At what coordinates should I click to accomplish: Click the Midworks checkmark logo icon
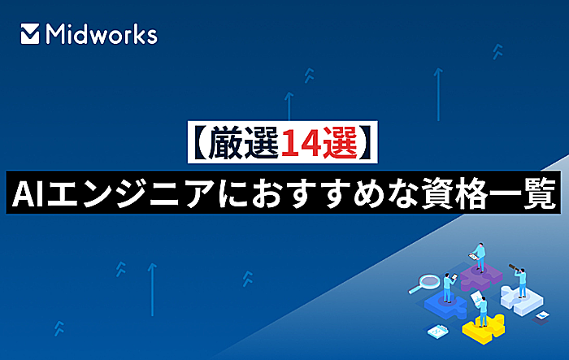(30, 34)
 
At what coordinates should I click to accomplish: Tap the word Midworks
(102, 34)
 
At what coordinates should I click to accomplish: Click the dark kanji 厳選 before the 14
(244, 143)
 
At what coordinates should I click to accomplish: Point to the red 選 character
(339, 143)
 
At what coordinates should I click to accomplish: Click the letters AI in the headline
(28, 193)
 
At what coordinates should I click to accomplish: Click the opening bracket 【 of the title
(199, 143)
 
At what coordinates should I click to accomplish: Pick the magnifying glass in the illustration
(424, 283)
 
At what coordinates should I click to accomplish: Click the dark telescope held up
(515, 268)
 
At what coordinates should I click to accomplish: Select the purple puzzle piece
(481, 275)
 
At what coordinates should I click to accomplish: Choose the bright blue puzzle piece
(445, 306)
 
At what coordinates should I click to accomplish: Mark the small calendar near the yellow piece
(438, 331)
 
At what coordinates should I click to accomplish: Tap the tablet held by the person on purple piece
(473, 256)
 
